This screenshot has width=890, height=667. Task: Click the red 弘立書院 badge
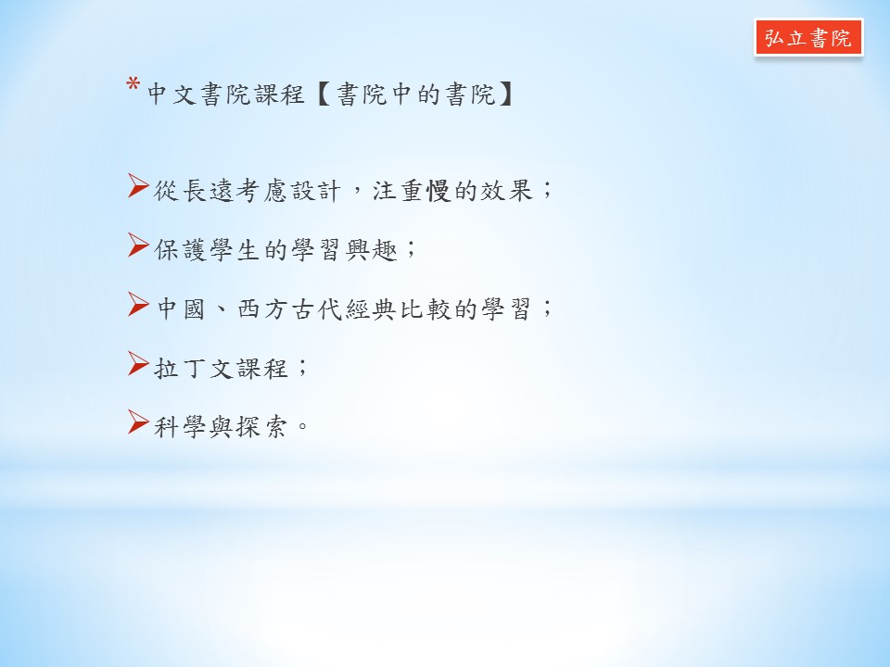click(x=808, y=37)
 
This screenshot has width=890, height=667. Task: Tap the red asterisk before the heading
click(x=133, y=85)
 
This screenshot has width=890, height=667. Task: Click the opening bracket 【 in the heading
click(x=324, y=94)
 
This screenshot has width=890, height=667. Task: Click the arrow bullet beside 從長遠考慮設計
click(x=138, y=186)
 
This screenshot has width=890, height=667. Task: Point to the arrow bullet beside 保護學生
click(x=138, y=245)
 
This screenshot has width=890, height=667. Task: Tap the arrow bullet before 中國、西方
click(x=138, y=304)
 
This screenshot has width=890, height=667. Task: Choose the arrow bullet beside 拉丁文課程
click(x=138, y=363)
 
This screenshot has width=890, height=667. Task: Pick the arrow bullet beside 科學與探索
click(x=138, y=422)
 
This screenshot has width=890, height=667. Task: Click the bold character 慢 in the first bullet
click(x=439, y=191)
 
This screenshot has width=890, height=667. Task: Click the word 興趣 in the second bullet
click(x=372, y=249)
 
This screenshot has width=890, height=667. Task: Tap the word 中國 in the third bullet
click(x=181, y=309)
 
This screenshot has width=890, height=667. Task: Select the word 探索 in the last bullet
click(x=261, y=427)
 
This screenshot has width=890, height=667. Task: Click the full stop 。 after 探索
click(x=302, y=425)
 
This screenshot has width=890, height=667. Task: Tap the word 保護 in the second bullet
click(x=180, y=249)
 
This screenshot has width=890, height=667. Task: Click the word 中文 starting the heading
click(x=172, y=94)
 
